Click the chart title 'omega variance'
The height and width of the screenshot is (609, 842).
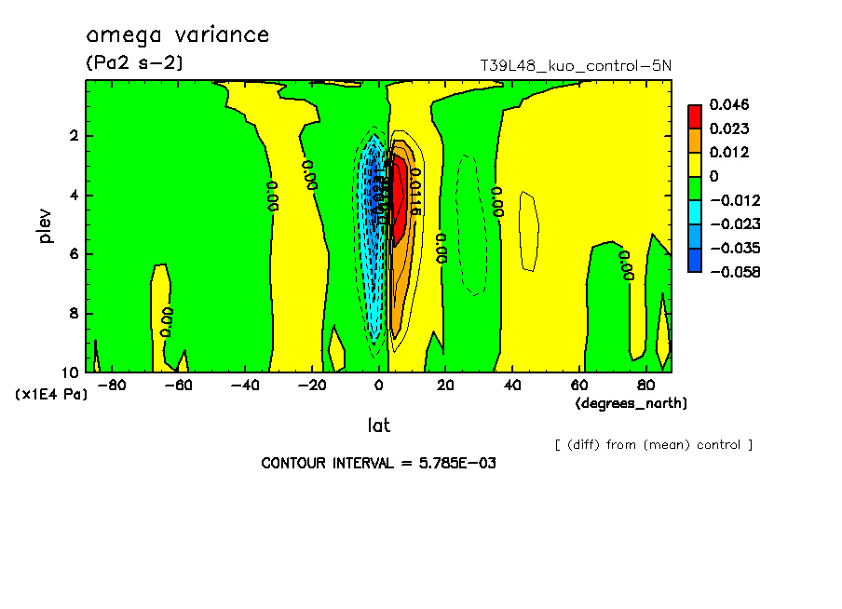coord(177,35)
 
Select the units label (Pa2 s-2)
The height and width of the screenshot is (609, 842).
coord(133,63)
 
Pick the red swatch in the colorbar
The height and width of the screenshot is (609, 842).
coord(695,116)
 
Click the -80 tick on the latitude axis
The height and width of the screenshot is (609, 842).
coord(112,386)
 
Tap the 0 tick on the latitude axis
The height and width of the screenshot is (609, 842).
coord(379,386)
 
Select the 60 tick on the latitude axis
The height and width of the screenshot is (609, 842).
coord(578,386)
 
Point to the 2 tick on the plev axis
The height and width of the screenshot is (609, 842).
coord(75,136)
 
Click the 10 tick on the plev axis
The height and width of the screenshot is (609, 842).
coord(71,372)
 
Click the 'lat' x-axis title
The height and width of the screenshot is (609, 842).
coord(378,426)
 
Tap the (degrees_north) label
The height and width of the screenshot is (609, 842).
coord(631,403)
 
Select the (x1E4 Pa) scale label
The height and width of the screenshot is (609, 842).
coord(51,395)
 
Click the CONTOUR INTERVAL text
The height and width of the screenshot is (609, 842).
coord(378,463)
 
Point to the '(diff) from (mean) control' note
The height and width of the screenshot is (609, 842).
coord(653,444)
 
